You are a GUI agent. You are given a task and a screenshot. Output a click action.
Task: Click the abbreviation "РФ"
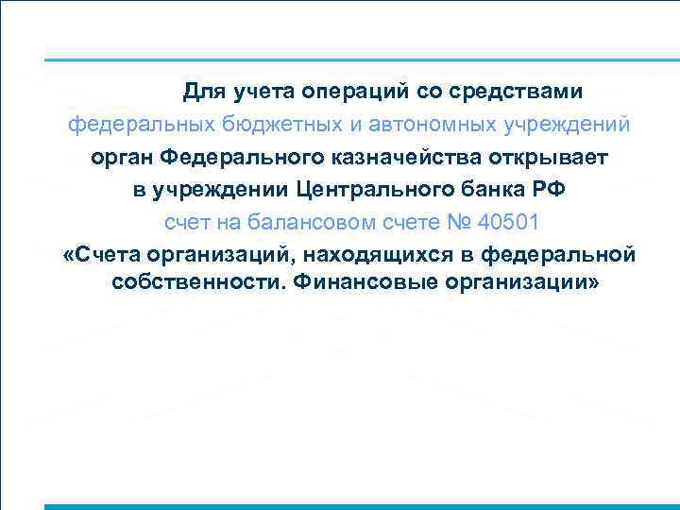tap(549, 189)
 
